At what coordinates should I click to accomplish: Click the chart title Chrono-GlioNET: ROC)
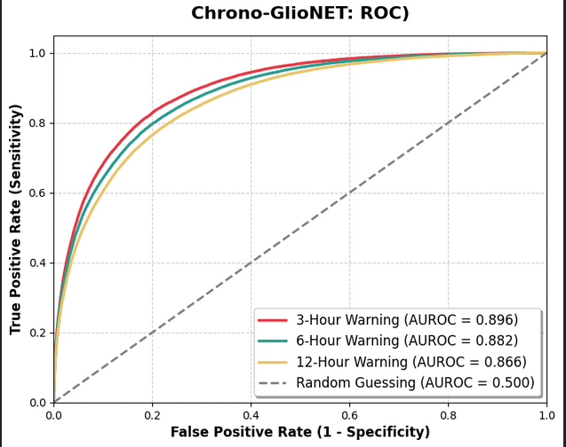pyautogui.click(x=300, y=13)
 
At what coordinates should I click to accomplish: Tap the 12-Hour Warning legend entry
pyautogui.click(x=411, y=362)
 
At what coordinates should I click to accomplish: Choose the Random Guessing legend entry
pyautogui.click(x=415, y=383)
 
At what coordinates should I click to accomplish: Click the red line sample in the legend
pyautogui.click(x=272, y=320)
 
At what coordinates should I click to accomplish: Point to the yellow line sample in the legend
pyautogui.click(x=272, y=362)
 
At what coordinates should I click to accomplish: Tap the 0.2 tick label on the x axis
pyautogui.click(x=152, y=414)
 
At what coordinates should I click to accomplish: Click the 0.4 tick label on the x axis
pyautogui.click(x=251, y=414)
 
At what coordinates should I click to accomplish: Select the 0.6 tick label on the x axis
pyautogui.click(x=349, y=414)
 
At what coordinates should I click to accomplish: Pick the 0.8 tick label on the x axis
pyautogui.click(x=448, y=414)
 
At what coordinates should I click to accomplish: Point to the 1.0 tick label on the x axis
pyautogui.click(x=546, y=414)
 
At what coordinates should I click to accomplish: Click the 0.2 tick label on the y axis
pyautogui.click(x=37, y=333)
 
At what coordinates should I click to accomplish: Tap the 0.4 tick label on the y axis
pyautogui.click(x=37, y=263)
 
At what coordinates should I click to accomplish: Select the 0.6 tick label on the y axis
pyautogui.click(x=37, y=193)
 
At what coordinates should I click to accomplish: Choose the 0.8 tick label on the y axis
pyautogui.click(x=37, y=123)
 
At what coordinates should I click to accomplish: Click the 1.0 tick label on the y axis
pyautogui.click(x=37, y=53)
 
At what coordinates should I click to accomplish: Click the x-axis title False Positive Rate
pyautogui.click(x=300, y=432)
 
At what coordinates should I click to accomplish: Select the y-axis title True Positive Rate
pyautogui.click(x=15, y=219)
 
